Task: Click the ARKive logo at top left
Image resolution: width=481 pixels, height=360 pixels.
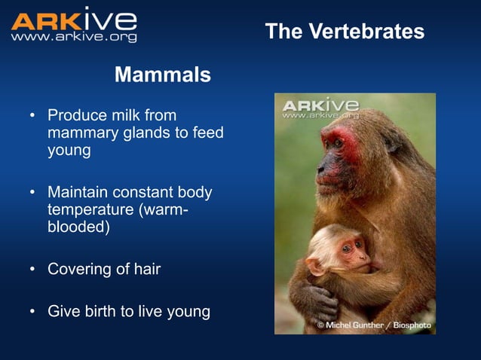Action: pos(74,20)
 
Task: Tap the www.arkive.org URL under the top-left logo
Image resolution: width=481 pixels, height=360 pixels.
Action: pos(74,36)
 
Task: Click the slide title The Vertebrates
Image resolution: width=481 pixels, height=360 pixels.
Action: pos(345,32)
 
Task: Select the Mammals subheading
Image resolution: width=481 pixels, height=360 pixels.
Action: pos(162,75)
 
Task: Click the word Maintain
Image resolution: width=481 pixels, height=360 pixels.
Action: pos(79,192)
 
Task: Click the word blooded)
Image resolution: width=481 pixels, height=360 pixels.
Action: pos(78,227)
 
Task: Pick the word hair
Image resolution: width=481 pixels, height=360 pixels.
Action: pos(146,269)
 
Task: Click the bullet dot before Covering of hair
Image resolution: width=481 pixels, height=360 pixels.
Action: pos(32,269)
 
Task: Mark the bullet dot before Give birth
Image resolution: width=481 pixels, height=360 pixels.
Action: pos(32,310)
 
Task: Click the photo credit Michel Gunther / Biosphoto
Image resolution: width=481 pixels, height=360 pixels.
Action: pos(374,325)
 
